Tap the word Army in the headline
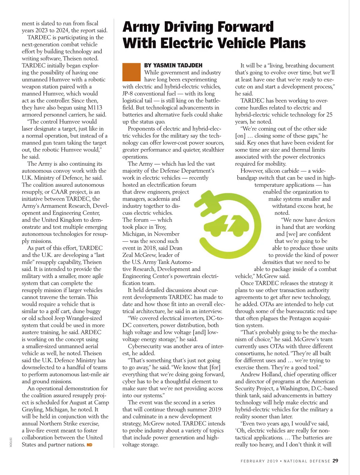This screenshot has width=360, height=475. (141, 27)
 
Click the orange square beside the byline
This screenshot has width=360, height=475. (131, 72)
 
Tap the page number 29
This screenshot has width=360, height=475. (335, 461)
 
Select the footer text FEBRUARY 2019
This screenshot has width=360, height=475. (259, 461)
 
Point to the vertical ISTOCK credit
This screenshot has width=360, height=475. (10, 442)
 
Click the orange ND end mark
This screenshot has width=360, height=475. (89, 445)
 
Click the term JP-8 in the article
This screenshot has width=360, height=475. (130, 93)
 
